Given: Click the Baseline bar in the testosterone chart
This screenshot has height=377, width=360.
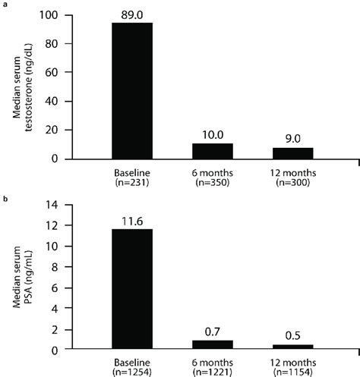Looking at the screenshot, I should (x=132, y=91).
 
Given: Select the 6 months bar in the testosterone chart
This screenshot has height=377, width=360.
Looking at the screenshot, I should (x=213, y=151).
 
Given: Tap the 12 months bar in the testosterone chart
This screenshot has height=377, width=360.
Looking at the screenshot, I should (x=292, y=153).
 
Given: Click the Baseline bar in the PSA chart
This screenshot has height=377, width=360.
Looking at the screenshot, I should (x=132, y=289).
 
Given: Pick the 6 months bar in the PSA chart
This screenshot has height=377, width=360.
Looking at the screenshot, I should (x=213, y=345).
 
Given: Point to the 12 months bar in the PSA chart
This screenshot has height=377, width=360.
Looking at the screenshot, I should (x=292, y=347).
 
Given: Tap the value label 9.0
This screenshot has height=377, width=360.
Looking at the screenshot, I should (x=292, y=137).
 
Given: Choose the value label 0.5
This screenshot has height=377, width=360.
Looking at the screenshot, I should (x=292, y=334).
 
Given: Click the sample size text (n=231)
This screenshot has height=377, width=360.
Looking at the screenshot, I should (x=132, y=184).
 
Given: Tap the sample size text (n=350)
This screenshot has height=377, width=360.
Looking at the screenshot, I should (x=213, y=184).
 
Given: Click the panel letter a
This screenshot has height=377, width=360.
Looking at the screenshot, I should (x=4, y=5).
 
